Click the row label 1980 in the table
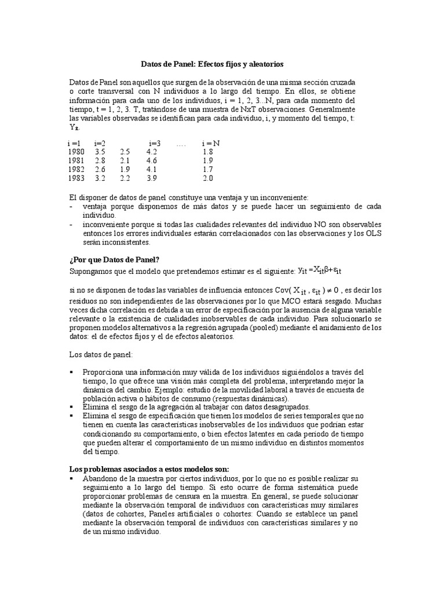76,151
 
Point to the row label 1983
76,178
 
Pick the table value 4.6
152,160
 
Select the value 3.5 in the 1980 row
100,151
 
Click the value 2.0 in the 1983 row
208,178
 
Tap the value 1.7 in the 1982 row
208,169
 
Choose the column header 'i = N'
210,142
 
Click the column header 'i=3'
155,142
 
